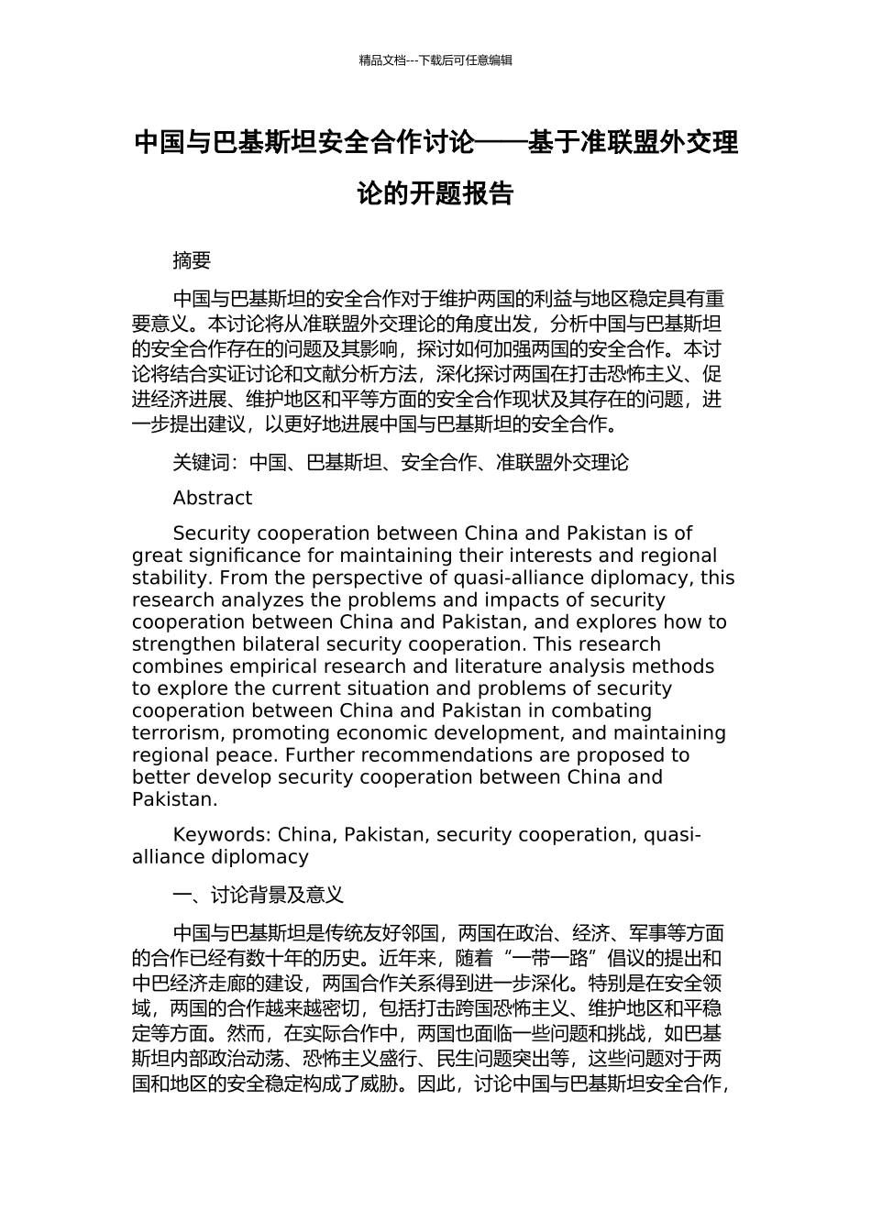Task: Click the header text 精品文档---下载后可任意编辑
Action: [x=435, y=60]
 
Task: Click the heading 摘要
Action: [x=192, y=261]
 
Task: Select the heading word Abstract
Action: [x=212, y=499]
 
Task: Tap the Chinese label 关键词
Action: [x=201, y=463]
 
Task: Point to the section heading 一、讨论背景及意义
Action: [x=258, y=895]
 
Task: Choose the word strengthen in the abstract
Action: [x=176, y=644]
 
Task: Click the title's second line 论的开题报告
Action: [x=435, y=194]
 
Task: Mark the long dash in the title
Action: [x=501, y=144]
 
